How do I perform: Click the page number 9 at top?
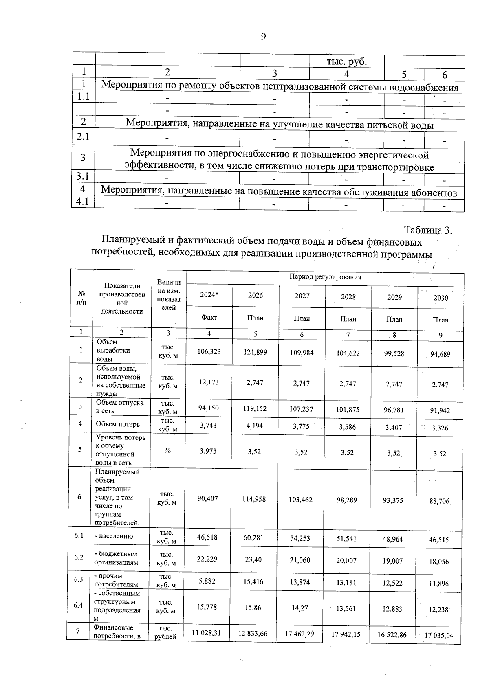263,37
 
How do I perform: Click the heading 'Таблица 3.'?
428,230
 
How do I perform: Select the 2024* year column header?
209,295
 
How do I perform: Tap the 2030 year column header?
441,298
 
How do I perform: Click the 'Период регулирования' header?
325,277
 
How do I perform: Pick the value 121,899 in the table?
256,352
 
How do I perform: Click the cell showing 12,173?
208,382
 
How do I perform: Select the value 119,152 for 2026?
255,408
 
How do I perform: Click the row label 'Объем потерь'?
118,424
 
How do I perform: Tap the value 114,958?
254,499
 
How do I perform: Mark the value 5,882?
207,582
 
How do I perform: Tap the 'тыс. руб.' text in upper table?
347,62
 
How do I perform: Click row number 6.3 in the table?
79,579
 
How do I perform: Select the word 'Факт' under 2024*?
209,318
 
